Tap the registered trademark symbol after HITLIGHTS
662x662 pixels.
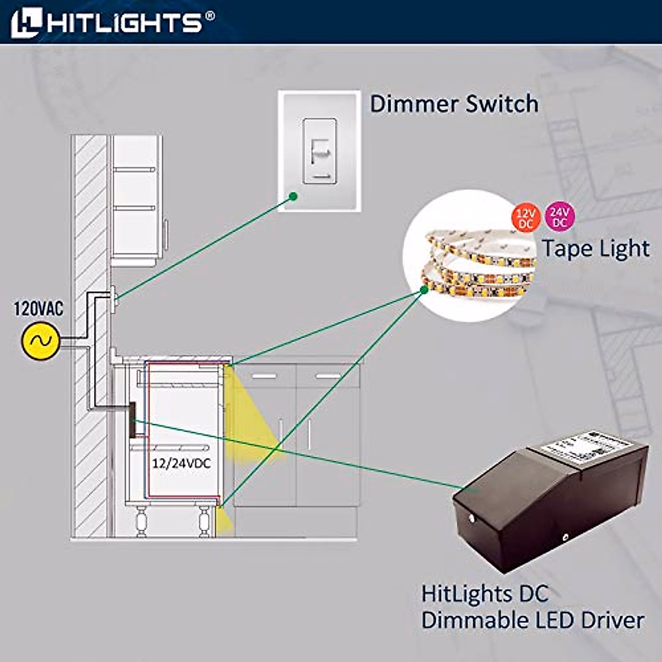pyautogui.click(x=210, y=16)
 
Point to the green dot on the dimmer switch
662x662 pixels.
pyautogui.click(x=293, y=195)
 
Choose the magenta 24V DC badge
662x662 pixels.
pyautogui.click(x=559, y=216)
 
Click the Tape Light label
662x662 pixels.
pyautogui.click(x=595, y=248)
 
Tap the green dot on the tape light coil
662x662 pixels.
pyautogui.click(x=425, y=289)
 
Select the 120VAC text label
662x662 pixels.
pyautogui.click(x=39, y=308)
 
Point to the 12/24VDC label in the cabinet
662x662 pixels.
pyautogui.click(x=181, y=463)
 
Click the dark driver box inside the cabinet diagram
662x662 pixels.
pyautogui.click(x=132, y=420)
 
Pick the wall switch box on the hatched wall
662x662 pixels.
pyautogui.click(x=113, y=298)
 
